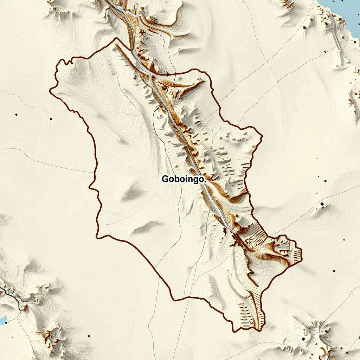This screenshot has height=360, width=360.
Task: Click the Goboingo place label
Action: (x=183, y=179)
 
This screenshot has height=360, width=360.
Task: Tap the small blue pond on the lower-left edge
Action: (x=3, y=320)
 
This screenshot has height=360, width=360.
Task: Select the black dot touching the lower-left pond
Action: (x=7, y=321)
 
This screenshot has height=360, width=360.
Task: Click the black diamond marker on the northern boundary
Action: (x=168, y=75)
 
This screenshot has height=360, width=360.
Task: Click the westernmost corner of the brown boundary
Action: (x=50, y=90)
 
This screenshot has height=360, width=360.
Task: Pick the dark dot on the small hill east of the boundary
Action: (x=322, y=204)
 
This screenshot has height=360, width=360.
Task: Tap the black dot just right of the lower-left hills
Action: (x=88, y=336)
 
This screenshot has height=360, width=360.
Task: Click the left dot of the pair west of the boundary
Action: (x=16, y=114)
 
